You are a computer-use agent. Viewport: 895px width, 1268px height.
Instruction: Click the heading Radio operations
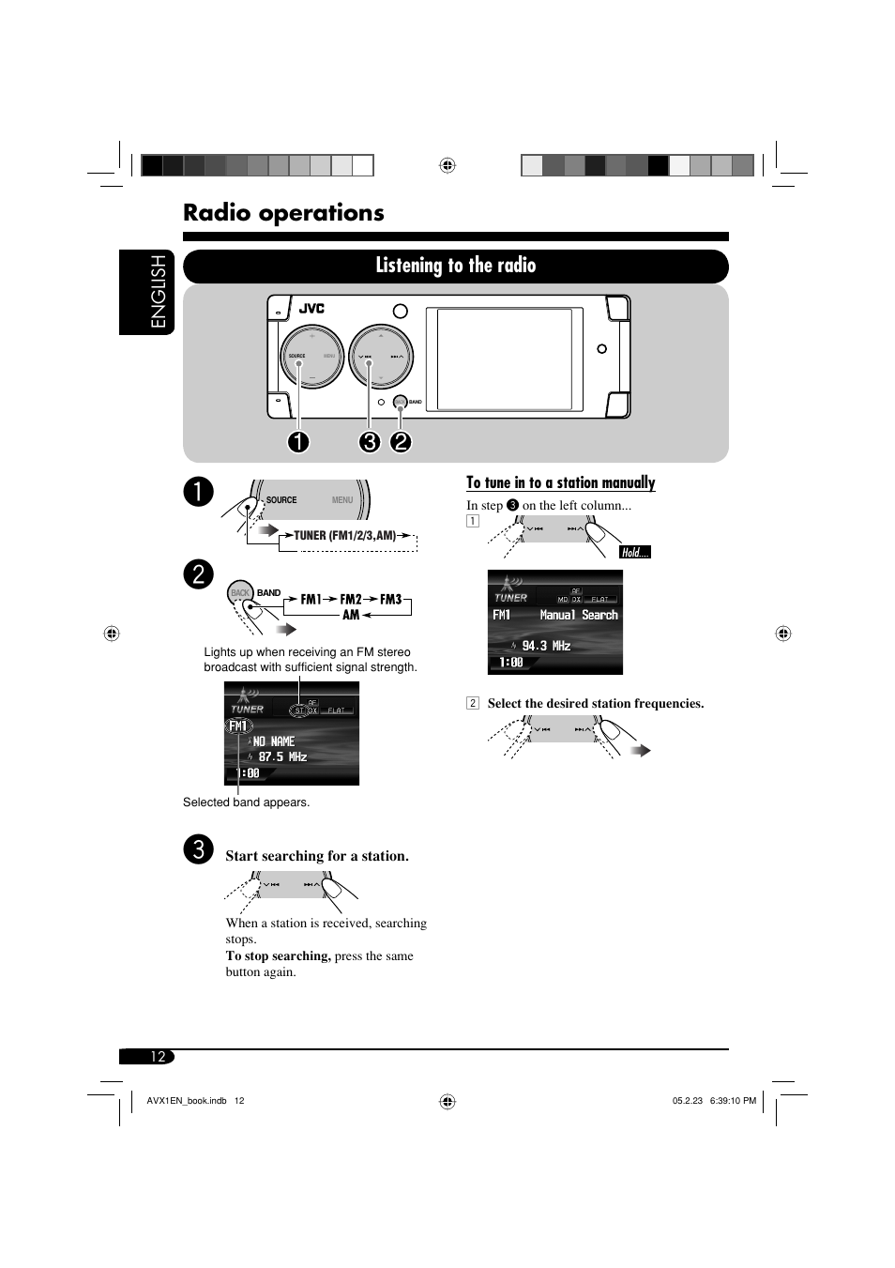(283, 213)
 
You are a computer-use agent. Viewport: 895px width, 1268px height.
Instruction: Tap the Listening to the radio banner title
(455, 266)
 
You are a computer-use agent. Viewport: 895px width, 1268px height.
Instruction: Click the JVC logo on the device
(311, 309)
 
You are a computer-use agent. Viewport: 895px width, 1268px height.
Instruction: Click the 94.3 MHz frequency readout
(546, 646)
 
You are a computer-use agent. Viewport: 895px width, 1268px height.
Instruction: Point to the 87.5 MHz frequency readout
(282, 756)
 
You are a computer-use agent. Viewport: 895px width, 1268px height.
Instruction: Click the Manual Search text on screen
(579, 615)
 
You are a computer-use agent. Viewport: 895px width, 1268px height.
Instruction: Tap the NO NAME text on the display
(273, 741)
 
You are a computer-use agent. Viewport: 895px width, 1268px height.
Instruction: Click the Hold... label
(635, 553)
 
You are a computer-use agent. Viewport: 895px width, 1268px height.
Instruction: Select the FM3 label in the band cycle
(390, 599)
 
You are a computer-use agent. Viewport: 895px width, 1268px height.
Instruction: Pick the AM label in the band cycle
(350, 615)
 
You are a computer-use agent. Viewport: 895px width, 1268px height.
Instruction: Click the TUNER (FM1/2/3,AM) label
(345, 536)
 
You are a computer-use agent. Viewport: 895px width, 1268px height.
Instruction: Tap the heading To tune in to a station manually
(561, 482)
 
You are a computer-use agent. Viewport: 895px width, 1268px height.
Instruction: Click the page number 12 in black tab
(158, 1057)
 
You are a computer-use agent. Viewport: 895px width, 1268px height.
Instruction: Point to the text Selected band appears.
(246, 802)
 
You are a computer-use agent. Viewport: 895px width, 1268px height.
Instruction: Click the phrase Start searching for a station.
(317, 856)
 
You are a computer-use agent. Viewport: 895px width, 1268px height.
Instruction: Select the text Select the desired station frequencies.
(595, 703)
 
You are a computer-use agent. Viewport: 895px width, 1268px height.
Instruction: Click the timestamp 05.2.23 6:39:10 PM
(714, 1101)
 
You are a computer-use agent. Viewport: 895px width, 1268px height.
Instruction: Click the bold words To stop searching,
(278, 955)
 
